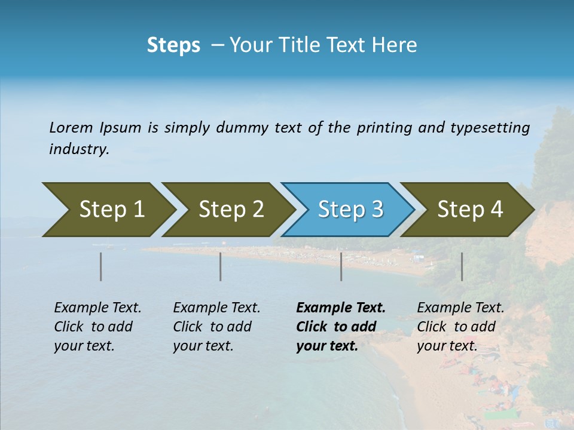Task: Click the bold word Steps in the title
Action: (x=173, y=45)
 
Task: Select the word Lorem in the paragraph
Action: (x=71, y=127)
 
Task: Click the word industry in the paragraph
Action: (x=78, y=149)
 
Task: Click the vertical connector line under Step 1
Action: (x=100, y=266)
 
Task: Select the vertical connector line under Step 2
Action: (x=220, y=266)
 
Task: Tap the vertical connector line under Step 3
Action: (x=341, y=266)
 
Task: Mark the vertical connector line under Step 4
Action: (x=462, y=266)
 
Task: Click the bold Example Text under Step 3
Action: (x=341, y=308)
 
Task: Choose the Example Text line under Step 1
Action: (x=97, y=308)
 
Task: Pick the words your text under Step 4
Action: (x=447, y=346)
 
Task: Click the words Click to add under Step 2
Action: (x=212, y=327)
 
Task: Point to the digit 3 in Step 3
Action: (x=377, y=210)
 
